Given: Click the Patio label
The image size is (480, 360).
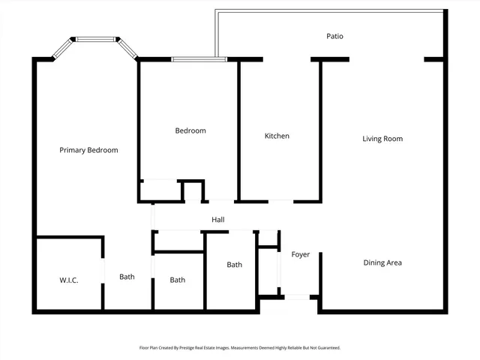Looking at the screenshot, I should tap(334, 36).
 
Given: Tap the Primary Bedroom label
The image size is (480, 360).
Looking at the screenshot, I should tap(88, 150).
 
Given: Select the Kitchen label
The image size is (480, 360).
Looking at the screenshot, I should tap(277, 136).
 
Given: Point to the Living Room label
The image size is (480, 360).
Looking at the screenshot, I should tap(382, 139).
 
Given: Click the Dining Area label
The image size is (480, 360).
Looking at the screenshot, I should tap(382, 262).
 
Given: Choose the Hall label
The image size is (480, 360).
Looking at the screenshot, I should tap(217, 220).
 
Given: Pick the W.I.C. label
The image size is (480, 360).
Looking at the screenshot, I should tap(69, 280).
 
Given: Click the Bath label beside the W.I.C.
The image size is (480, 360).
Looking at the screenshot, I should tap(127, 277).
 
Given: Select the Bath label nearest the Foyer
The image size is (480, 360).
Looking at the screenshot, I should tap(235, 265).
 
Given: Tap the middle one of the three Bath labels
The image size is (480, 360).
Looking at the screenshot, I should tap(177, 280).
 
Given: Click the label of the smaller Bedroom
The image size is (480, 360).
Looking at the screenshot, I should tap(190, 130).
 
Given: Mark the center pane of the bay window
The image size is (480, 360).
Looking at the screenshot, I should tap(95, 38).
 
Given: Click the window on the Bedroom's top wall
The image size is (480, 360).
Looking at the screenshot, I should tap(195, 59).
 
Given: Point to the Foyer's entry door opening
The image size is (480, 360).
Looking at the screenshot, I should tap(298, 297).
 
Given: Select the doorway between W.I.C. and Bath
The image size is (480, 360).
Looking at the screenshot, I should tap(103, 270).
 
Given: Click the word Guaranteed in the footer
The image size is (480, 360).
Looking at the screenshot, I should tap(326, 348).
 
